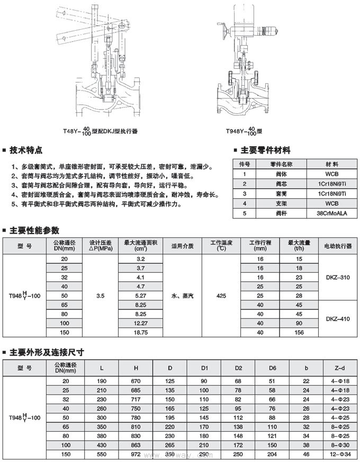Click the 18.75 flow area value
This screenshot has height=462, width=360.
pos(140,332)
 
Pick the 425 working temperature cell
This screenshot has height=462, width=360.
pos(221,295)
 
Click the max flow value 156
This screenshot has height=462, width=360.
pos(300,332)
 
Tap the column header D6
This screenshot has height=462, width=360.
pos(272,367)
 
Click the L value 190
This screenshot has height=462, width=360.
pos(102,381)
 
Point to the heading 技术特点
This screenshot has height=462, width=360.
pos(26,150)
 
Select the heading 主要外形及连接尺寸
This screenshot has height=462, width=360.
pos(47,352)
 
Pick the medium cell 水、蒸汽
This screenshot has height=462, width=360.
pos(183,295)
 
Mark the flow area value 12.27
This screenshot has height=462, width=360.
pos(140,323)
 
